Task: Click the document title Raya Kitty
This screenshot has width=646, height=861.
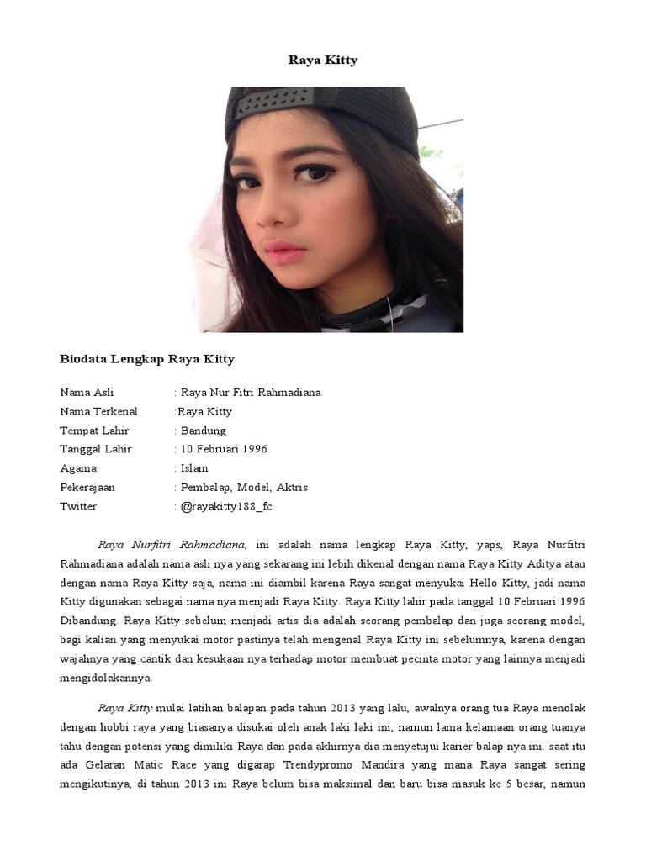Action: pyautogui.click(x=322, y=61)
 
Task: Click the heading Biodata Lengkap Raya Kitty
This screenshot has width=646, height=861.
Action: pyautogui.click(x=147, y=359)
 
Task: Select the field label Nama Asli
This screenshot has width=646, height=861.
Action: pyautogui.click(x=87, y=393)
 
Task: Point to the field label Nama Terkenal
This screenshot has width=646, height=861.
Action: pyautogui.click(x=98, y=412)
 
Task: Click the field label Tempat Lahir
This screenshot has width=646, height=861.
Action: pyautogui.click(x=94, y=430)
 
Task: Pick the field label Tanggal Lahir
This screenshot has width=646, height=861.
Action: pyautogui.click(x=96, y=449)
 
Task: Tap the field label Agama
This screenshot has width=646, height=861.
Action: pyautogui.click(x=78, y=468)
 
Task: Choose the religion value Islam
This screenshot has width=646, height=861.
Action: pyautogui.click(x=194, y=468)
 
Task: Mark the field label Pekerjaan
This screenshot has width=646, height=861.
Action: pyautogui.click(x=87, y=488)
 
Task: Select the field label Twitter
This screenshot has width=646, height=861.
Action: pyautogui.click(x=78, y=506)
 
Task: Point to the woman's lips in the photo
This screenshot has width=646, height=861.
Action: pyautogui.click(x=283, y=251)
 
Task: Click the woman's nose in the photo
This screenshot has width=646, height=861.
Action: pyautogui.click(x=273, y=210)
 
